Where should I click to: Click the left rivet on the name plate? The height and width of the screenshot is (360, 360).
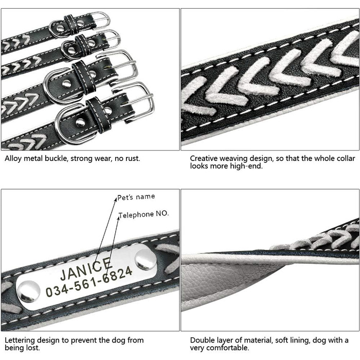tap(29, 291)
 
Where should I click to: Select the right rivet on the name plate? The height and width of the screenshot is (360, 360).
tap(146, 259)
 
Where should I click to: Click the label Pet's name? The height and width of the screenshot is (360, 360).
tap(136, 197)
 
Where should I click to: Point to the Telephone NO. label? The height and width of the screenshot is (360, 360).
tap(143, 214)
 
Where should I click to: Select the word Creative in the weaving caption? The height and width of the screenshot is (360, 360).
tap(204, 158)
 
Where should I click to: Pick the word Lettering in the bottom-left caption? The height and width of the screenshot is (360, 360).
tap(20, 340)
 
